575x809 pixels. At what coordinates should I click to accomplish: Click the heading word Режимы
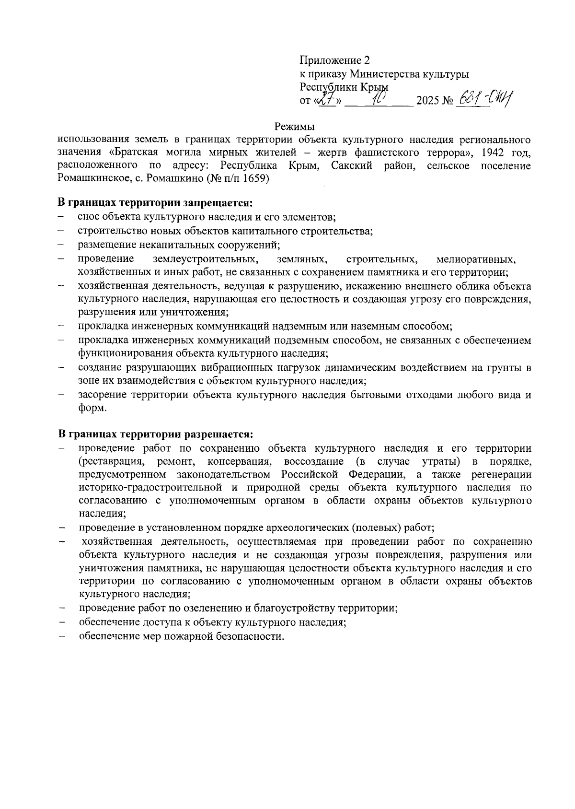pos(294,127)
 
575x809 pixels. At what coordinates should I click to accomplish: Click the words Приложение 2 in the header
pos(335,60)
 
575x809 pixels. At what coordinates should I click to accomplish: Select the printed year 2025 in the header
pos(429,102)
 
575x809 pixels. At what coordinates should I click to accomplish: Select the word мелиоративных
pos(476,259)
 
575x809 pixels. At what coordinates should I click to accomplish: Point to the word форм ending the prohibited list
pos(92,409)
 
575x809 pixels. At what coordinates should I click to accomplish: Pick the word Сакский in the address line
pos(351,166)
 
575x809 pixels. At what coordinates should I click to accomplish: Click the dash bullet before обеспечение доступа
pos(62,622)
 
